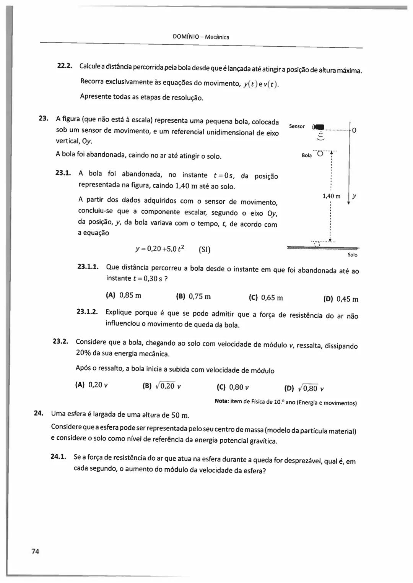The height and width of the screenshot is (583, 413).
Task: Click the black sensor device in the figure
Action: [318, 127]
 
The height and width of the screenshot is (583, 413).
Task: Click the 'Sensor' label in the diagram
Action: [297, 126]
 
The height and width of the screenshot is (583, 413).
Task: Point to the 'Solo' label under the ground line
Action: [352, 255]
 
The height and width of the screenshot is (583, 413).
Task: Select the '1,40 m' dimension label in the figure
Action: [331, 196]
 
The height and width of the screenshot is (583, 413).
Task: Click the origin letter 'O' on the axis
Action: [354, 130]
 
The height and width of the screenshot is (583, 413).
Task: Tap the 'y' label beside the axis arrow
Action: [354, 196]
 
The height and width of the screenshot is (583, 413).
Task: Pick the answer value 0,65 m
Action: [272, 298]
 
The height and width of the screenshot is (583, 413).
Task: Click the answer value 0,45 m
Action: [347, 299]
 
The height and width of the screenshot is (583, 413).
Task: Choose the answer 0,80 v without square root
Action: [239, 387]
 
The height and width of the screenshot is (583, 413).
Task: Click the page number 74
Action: [35, 551]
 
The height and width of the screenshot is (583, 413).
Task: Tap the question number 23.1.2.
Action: [87, 312]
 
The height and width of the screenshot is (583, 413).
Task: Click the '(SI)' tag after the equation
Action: [205, 250]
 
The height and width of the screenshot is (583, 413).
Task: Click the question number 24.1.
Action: [59, 456]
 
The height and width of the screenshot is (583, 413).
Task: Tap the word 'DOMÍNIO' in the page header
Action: [186, 37]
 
